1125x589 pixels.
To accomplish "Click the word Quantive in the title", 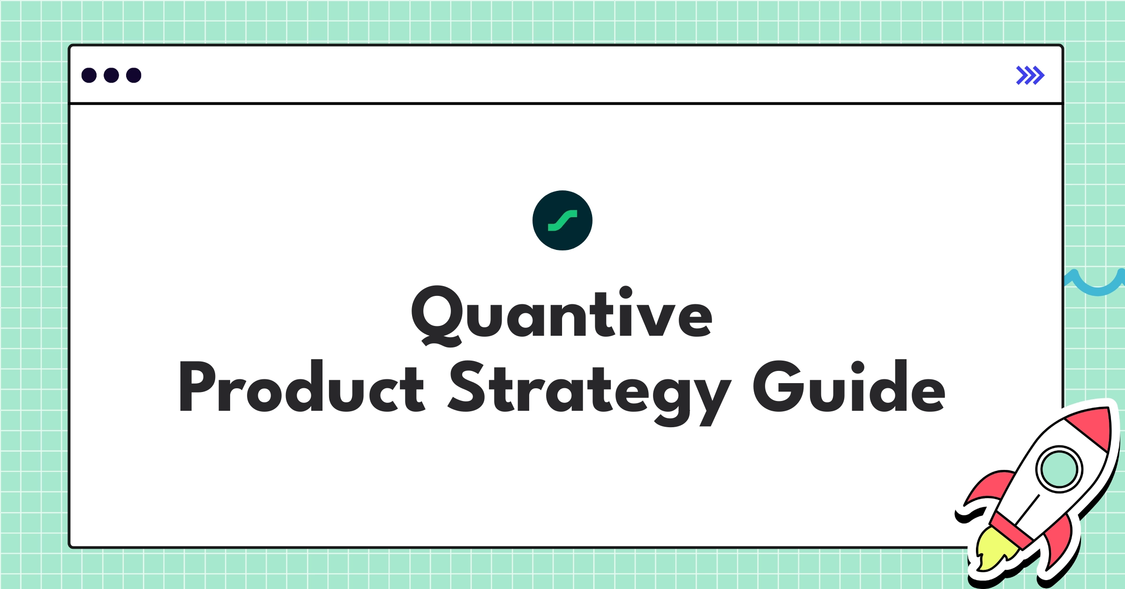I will coord(562,313).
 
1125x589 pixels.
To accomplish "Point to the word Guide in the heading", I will coord(849,387).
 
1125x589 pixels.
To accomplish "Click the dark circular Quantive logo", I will coord(562,220).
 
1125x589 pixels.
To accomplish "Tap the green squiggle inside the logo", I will coord(562,220).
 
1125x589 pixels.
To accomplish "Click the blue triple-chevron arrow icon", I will coord(1030,75).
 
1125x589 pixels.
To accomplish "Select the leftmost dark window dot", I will coord(89,75).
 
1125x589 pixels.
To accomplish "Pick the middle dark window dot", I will coord(111,75).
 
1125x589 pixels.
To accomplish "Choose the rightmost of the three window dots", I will coord(134,75).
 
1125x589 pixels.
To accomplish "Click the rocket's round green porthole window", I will coord(1059,469).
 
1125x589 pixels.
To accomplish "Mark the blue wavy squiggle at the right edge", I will coord(1097,284).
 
